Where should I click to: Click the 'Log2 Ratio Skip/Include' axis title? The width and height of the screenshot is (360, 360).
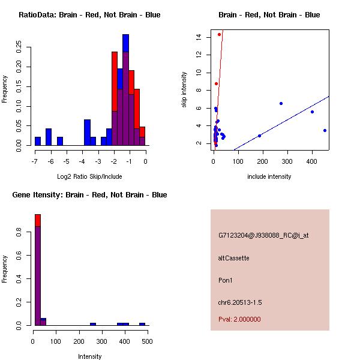click(89, 176)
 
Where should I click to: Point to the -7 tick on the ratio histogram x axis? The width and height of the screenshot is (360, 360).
click(35, 161)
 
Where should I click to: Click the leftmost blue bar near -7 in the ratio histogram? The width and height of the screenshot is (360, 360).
click(38, 141)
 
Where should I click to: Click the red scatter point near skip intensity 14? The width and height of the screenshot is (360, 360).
click(219, 34)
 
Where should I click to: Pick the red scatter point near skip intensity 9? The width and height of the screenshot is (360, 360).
click(216, 83)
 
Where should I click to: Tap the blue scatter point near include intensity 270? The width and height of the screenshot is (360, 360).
click(281, 103)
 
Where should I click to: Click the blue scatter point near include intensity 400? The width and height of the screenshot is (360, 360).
click(312, 112)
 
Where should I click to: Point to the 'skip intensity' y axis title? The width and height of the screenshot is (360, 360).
click(185, 90)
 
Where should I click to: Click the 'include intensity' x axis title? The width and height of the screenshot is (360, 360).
click(269, 176)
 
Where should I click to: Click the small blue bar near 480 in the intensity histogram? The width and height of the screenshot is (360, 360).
click(142, 324)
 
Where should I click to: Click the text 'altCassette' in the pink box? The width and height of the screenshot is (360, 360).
click(233, 258)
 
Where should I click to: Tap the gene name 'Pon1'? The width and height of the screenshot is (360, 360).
click(225, 280)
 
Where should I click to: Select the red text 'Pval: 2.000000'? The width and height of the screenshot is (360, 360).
click(239, 319)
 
